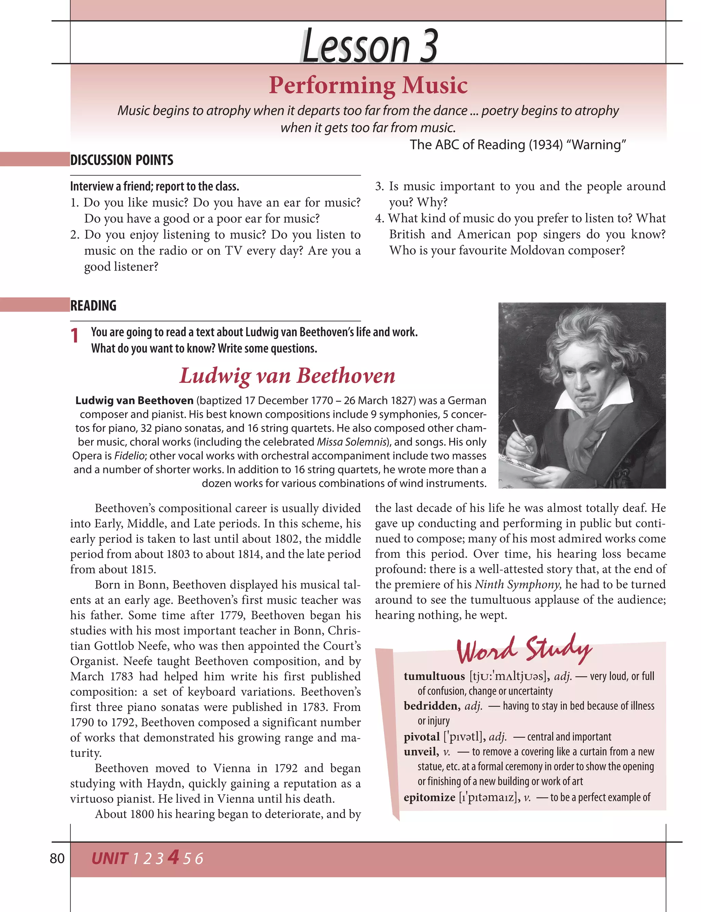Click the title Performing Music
[368, 85]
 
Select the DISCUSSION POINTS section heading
[122, 160]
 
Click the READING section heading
[93, 305]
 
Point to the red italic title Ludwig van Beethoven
[287, 375]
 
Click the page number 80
[57, 858]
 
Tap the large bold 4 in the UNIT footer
[173, 857]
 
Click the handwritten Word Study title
[524, 650]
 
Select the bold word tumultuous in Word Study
[434, 676]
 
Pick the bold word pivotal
[421, 737]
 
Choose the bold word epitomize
[429, 797]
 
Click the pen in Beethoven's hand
[522, 436]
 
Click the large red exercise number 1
[75, 336]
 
